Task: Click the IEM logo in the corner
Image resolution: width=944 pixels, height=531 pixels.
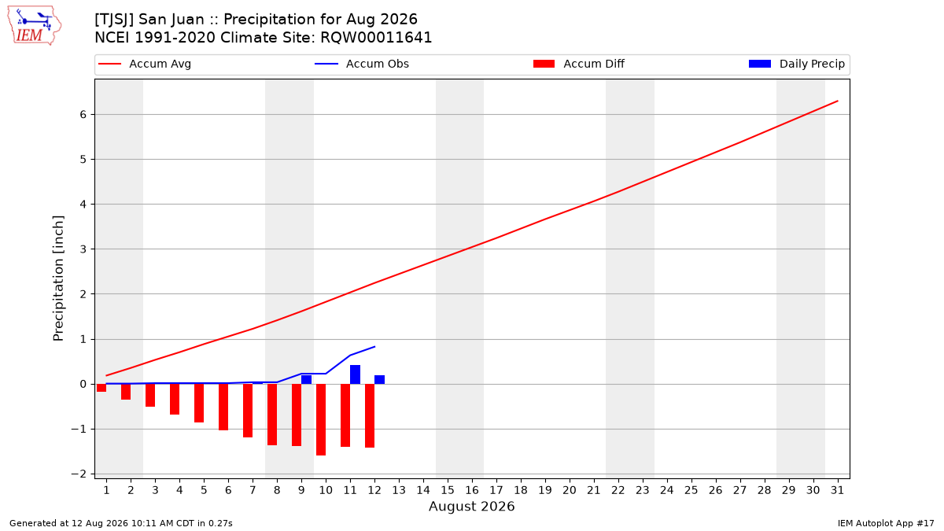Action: (x=34, y=26)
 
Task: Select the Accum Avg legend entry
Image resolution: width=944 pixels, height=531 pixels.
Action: (x=145, y=64)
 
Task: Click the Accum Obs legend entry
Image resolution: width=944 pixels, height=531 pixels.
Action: (x=362, y=64)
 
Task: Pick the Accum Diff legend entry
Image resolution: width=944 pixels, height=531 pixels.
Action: (x=579, y=64)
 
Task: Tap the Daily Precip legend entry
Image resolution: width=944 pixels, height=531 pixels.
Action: (x=796, y=64)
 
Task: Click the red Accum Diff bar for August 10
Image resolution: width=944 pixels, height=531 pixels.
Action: (x=321, y=420)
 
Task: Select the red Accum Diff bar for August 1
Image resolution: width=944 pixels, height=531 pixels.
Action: (x=101, y=388)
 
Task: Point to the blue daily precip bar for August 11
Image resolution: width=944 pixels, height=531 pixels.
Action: (x=356, y=374)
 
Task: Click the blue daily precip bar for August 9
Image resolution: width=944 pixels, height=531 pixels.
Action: (x=306, y=380)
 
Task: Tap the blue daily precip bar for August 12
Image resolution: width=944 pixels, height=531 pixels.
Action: (x=380, y=380)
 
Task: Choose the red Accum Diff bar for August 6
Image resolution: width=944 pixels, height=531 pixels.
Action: (x=223, y=407)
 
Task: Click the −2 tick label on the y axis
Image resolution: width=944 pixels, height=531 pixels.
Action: (x=79, y=474)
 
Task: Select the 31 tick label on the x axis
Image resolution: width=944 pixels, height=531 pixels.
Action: (x=837, y=490)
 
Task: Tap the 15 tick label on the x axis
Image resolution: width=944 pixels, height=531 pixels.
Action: (x=448, y=490)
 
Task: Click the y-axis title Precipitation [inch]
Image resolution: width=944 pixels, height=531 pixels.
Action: (x=58, y=278)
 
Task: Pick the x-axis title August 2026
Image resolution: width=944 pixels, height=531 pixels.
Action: (x=471, y=506)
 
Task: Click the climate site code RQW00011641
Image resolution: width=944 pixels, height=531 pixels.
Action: (x=376, y=38)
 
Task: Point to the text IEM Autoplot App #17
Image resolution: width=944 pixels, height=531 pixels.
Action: (x=886, y=523)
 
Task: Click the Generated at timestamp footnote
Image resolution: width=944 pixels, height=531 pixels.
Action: (x=121, y=523)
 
